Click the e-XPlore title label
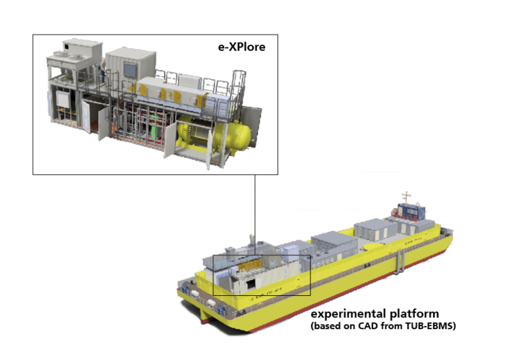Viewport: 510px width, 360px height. pos(241,47)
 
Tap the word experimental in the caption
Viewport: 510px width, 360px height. pos(348,314)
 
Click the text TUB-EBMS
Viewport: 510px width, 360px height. pos(429,325)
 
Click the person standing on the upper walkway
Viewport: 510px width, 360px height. pos(103,70)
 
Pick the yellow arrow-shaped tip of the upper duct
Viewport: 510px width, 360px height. pos(131,87)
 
